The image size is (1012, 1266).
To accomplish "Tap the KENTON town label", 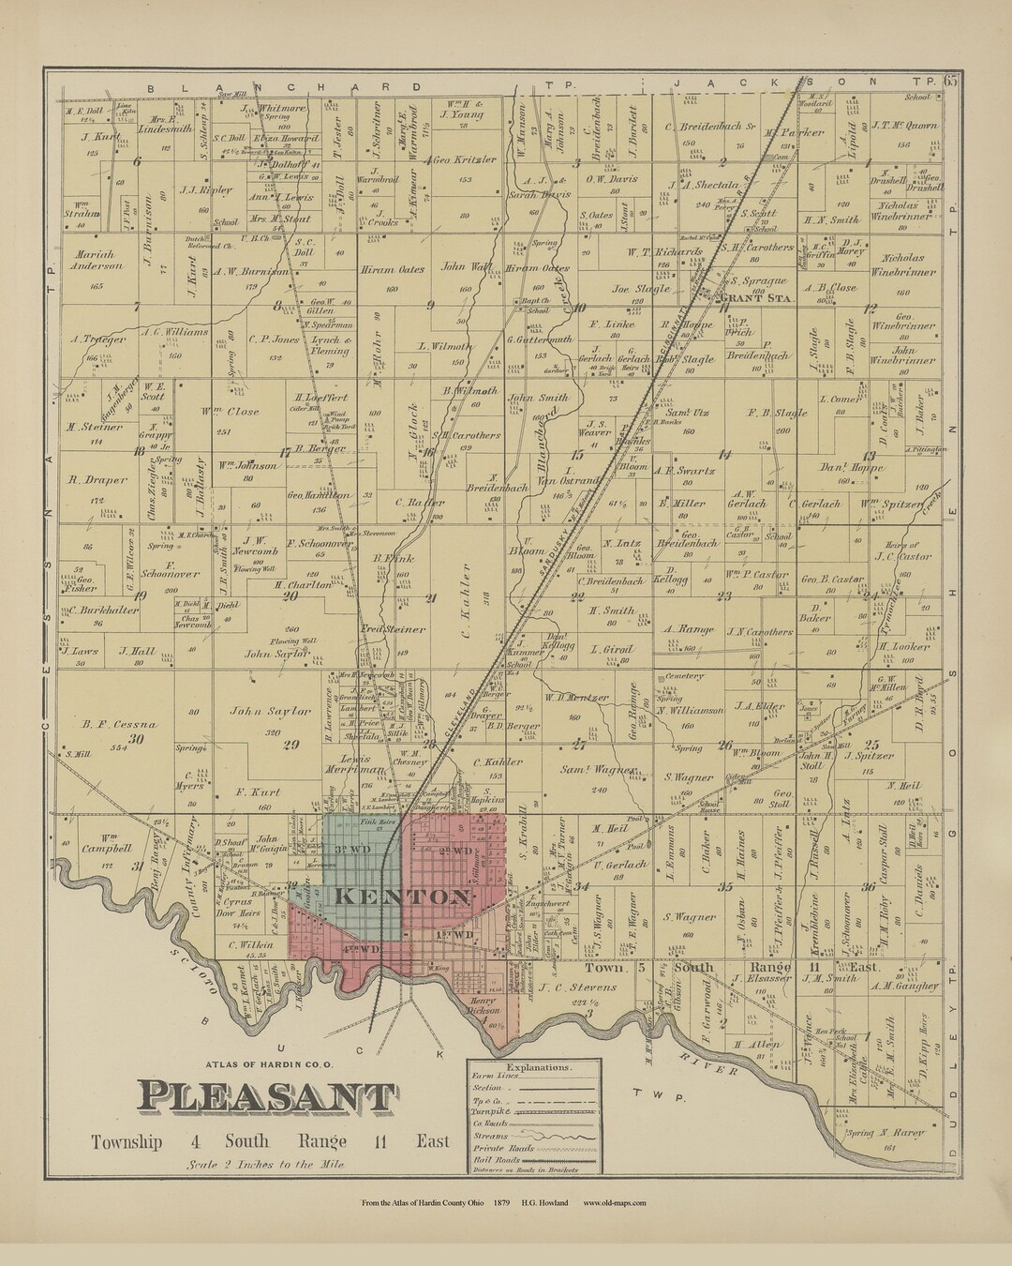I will [x=401, y=897].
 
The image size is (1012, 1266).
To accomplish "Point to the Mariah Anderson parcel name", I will [x=96, y=260].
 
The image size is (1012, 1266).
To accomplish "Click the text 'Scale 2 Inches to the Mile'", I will [x=252, y=1164].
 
